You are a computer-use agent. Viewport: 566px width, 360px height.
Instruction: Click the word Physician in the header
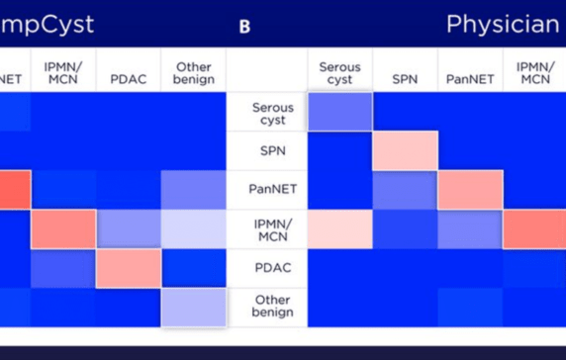pos(503,24)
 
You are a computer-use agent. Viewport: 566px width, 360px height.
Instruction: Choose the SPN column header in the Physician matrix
pos(405,73)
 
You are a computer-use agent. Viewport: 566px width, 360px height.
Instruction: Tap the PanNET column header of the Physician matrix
pos(469,73)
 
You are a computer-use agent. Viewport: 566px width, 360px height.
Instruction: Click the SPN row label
pos(266,150)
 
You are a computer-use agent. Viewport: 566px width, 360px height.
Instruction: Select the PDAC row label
pos(266,268)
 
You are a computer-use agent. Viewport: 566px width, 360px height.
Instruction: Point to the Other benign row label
pos(266,307)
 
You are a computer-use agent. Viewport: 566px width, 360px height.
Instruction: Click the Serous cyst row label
pos(266,112)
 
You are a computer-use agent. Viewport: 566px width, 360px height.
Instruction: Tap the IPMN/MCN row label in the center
pos(266,228)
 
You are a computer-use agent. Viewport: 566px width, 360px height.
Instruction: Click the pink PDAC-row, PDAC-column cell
pos(128,268)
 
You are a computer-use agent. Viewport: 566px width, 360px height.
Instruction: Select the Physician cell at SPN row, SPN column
pos(405,150)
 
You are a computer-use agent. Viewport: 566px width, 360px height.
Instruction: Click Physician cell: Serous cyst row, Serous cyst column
pos(339,112)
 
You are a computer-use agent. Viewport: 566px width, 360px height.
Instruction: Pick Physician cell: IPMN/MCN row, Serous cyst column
pos(339,228)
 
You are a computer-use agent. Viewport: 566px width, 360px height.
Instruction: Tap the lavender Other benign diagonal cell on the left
pos(193,307)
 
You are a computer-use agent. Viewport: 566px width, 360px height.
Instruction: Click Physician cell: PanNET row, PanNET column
pos(469,190)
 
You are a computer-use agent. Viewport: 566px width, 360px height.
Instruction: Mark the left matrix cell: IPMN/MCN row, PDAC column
pos(128,228)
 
